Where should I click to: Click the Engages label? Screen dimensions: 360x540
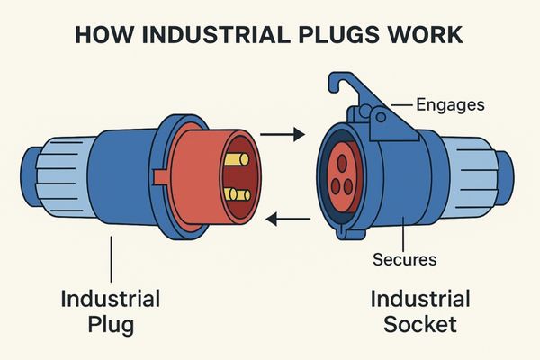pos(451,105)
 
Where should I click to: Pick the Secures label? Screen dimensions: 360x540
pos(404,260)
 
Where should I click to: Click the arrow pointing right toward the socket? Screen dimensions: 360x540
pos(281,136)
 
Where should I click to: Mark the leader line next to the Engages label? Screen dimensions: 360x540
pos(402,106)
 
